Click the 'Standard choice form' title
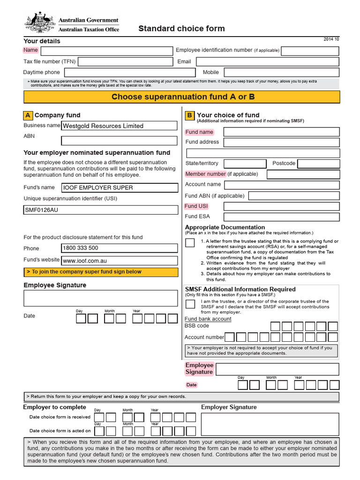pos(181,29)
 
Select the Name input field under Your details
pos(106,51)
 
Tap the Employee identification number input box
pos(309,51)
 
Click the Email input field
pos(267,62)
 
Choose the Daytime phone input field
pos(129,72)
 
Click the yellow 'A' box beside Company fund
pos(28,115)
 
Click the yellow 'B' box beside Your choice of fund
pos(189,115)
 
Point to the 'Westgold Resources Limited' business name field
pos(120,126)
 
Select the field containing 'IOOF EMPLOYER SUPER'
pos(120,187)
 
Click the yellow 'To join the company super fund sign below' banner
pos(101,272)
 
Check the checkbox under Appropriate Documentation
pos(190,242)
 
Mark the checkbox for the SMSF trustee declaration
pos(190,304)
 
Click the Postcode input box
pos(318,164)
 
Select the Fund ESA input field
pos(281,217)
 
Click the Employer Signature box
pos(270,424)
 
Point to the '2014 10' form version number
pos(331,39)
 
